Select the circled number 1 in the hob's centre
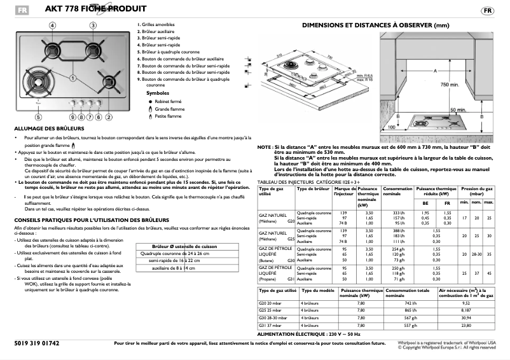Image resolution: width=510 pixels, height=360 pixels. pyautogui.click(x=74, y=78)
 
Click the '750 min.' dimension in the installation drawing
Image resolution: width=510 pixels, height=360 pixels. pyautogui.click(x=450, y=85)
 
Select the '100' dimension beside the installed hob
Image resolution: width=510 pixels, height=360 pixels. pyautogui.click(x=390, y=127)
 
